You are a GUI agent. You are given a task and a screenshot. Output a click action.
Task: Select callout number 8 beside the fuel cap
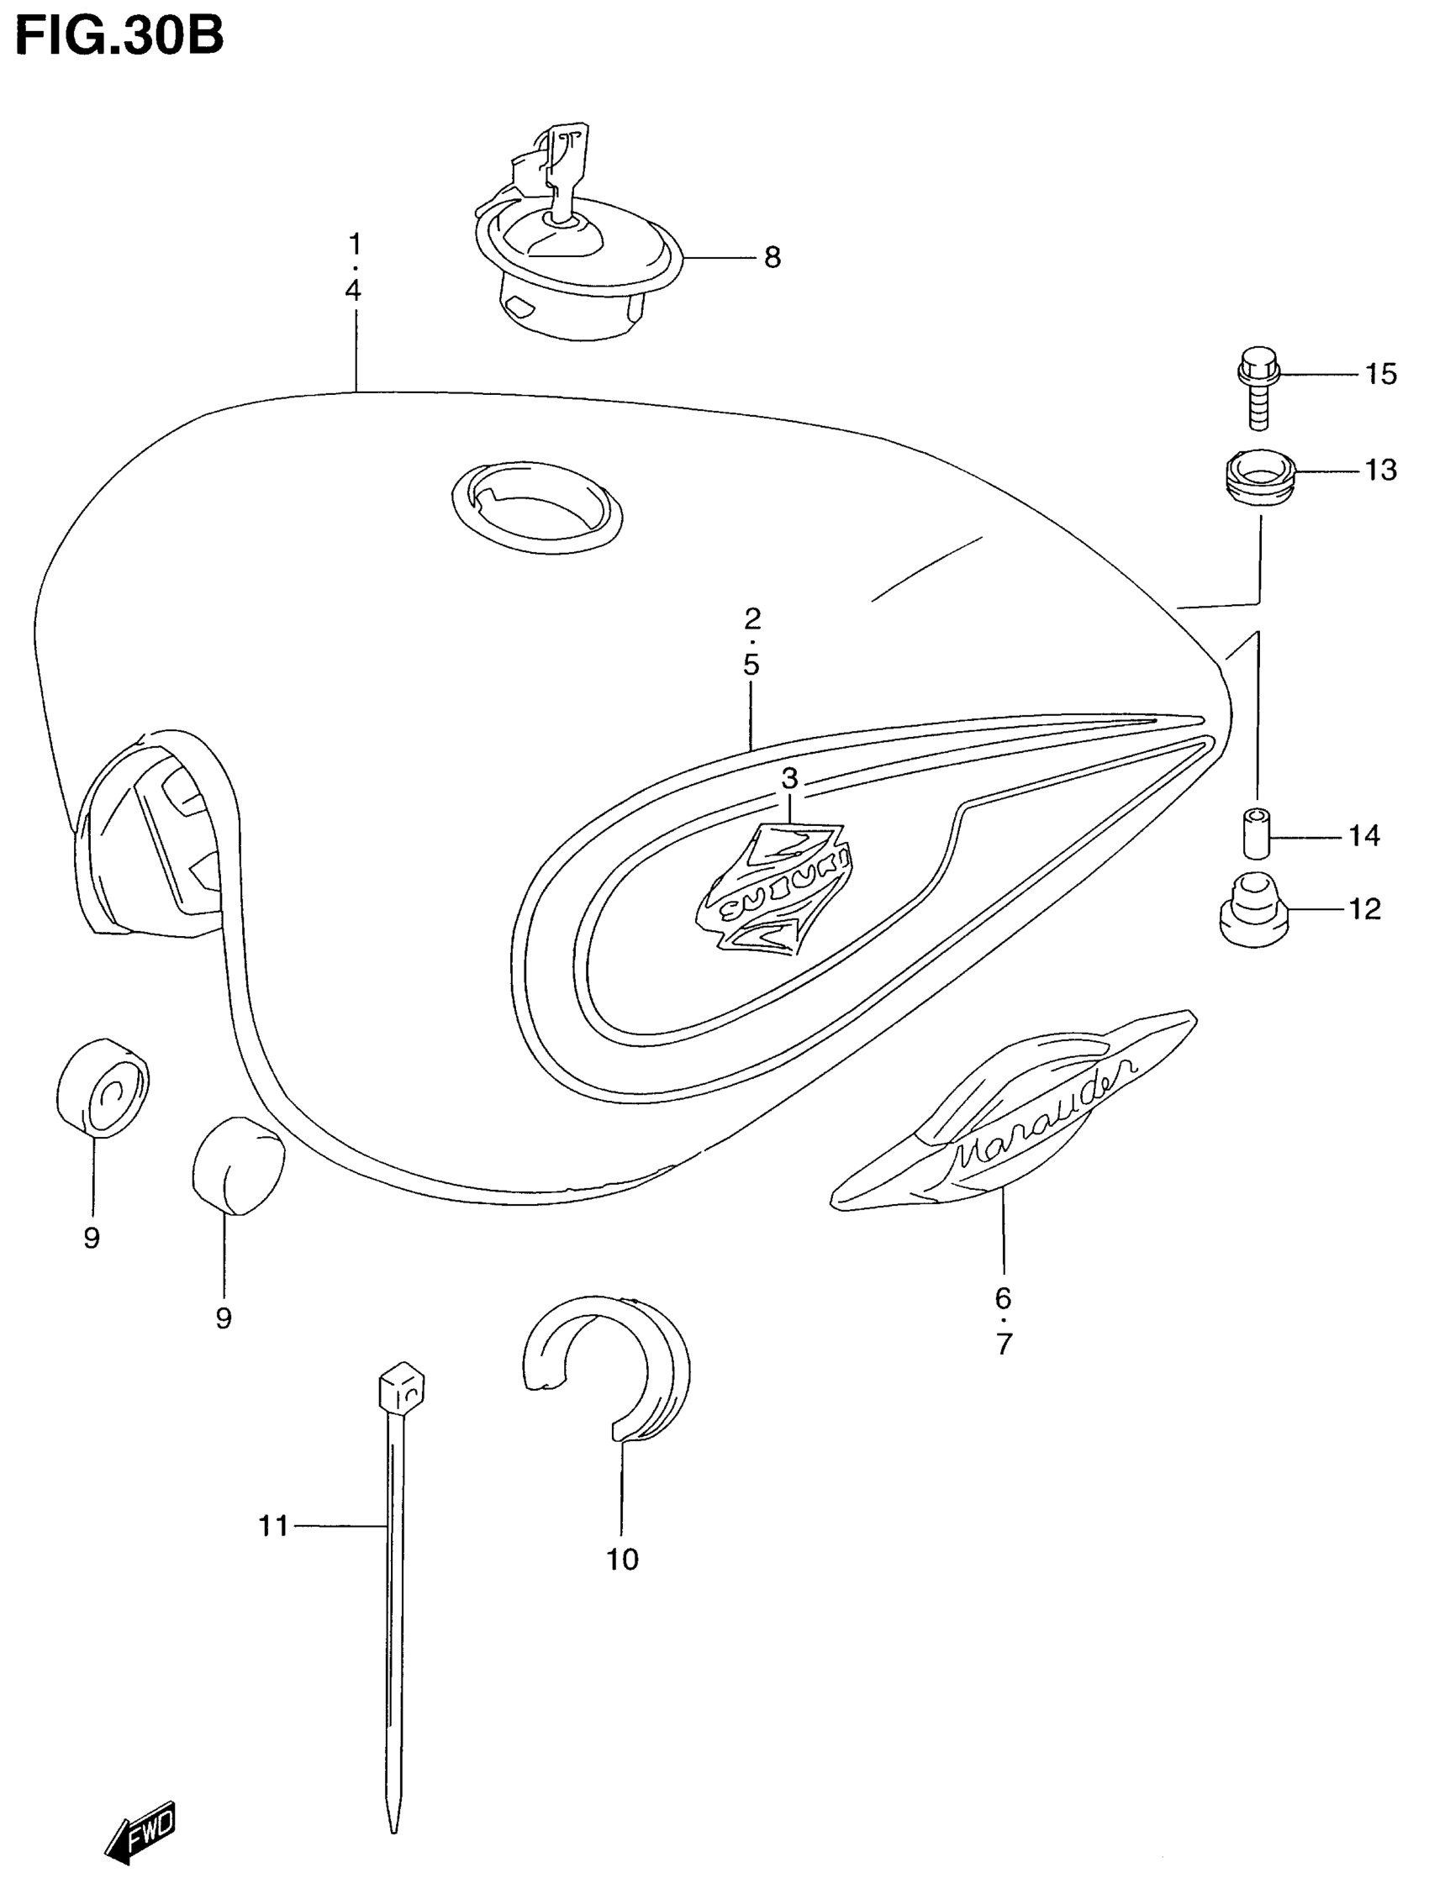click(772, 257)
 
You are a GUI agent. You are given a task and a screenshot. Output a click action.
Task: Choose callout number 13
click(1380, 470)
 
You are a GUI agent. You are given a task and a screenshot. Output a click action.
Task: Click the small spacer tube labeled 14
click(1257, 831)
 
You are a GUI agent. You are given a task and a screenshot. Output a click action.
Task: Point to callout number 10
click(623, 1560)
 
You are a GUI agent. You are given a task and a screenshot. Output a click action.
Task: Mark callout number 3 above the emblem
click(789, 778)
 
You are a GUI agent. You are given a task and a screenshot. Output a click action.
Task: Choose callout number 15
click(1380, 374)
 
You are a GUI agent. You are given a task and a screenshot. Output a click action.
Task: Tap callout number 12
click(1365, 908)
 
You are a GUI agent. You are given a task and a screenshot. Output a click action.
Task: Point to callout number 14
click(1365, 835)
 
